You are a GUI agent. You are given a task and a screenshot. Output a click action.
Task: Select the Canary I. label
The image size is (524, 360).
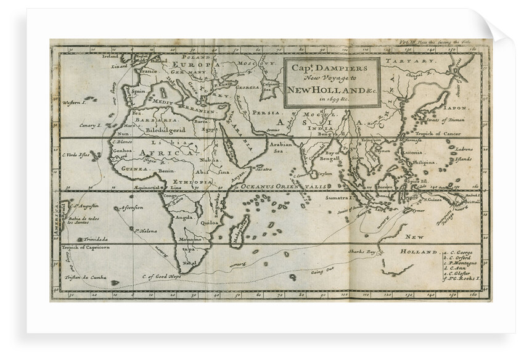[x=89, y=125]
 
